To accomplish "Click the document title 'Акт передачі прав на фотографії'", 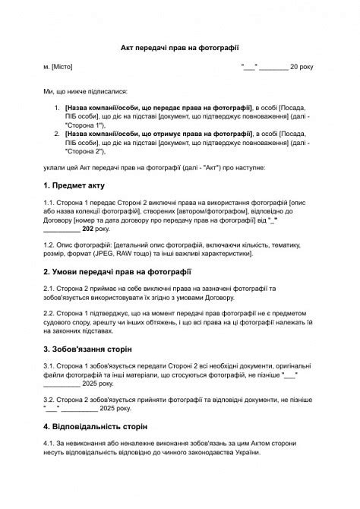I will coord(180,47).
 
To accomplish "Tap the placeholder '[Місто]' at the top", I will coord(62,67).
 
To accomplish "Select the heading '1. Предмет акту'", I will coord(74,185).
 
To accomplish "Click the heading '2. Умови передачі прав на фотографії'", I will coord(117,270).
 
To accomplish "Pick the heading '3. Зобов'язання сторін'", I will coord(88,349).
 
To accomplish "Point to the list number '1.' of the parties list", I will coord(58,109).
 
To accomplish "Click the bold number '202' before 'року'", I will coord(88,228).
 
